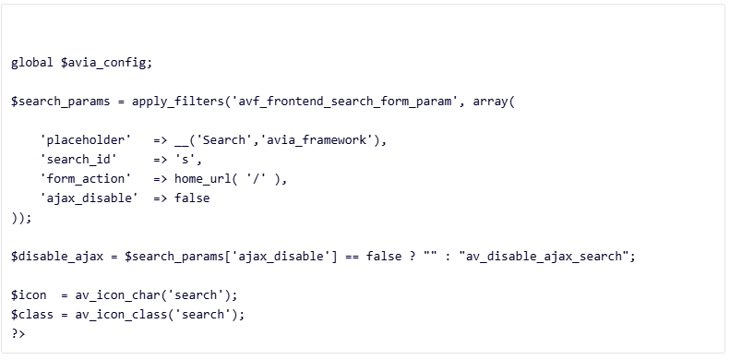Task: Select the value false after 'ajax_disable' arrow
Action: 192,198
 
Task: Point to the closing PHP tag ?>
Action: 18,333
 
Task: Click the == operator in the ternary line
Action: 343,256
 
